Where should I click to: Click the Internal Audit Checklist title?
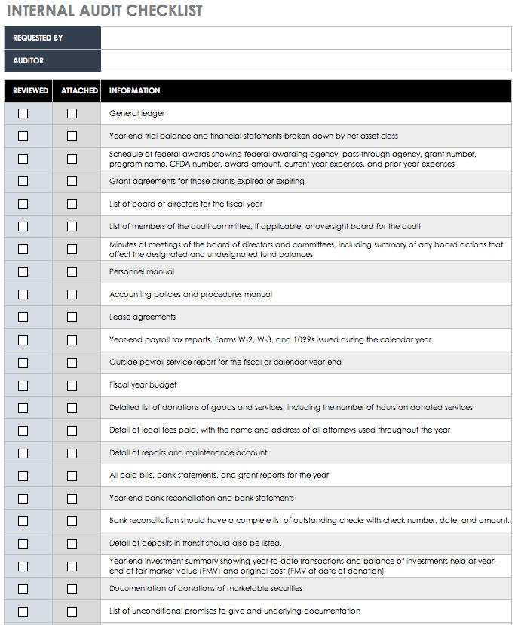(x=103, y=11)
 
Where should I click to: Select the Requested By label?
(x=38, y=38)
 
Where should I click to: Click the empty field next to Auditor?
(x=305, y=60)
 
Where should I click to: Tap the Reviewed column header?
(x=30, y=90)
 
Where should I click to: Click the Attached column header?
(x=79, y=90)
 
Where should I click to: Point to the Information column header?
(x=134, y=90)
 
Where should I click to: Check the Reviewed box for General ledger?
(x=23, y=113)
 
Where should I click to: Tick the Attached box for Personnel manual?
(x=72, y=271)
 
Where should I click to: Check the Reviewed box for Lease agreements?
(x=23, y=317)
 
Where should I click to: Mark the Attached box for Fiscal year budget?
(x=72, y=384)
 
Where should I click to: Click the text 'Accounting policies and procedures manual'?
(x=190, y=294)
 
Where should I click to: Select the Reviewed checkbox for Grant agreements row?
(x=23, y=181)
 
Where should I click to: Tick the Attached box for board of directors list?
(x=72, y=204)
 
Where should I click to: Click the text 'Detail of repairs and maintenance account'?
(x=188, y=452)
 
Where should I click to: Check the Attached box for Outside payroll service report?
(x=72, y=362)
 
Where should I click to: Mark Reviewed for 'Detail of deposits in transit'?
(x=23, y=543)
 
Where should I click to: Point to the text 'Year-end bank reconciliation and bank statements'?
(x=201, y=498)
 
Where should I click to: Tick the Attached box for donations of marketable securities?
(x=72, y=588)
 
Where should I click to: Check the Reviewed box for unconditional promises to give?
(x=23, y=611)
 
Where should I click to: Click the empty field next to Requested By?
(x=305, y=38)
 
